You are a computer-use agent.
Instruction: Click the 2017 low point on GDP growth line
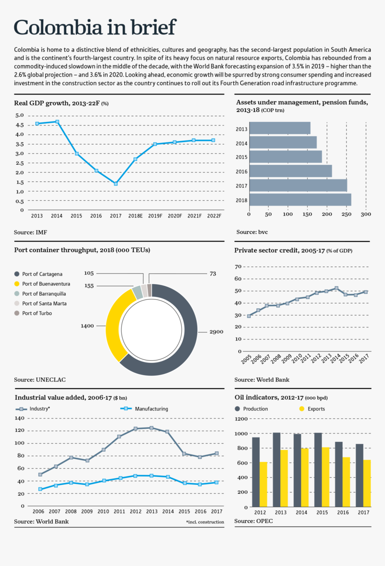pos(115,184)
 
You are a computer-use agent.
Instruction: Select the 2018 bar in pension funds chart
pos(300,200)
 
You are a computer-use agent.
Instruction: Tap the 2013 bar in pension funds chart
pos(280,128)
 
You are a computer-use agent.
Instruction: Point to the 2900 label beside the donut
pos(217,332)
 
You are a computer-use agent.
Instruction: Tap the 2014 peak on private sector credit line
pos(336,288)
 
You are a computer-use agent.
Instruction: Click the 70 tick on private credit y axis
pos(238,267)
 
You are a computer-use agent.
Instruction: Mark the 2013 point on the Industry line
pos(151,428)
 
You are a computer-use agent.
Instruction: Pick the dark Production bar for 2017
pos(359,475)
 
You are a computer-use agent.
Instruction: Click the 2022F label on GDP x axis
pos(214,216)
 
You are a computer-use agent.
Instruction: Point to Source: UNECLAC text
pos(40,380)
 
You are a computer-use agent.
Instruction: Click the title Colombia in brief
pos(95,28)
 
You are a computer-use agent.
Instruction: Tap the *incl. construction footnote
pos(205,522)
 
